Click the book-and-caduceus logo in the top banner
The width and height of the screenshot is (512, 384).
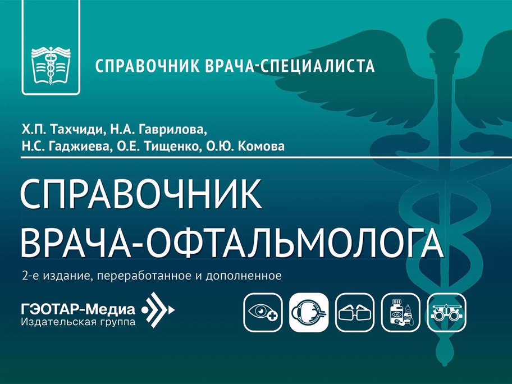[51, 66]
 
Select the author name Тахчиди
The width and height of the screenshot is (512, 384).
[77, 130]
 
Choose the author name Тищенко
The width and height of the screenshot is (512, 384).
[171, 147]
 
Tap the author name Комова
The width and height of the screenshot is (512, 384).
[261, 147]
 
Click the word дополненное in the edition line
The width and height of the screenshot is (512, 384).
[244, 276]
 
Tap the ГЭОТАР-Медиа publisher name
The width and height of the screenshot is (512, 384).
[78, 309]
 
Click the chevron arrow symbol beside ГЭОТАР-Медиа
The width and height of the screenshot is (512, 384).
[158, 309]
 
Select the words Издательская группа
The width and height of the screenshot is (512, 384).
[78, 322]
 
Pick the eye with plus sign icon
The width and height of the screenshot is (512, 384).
[263, 313]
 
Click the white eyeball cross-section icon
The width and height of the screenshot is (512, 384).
[309, 313]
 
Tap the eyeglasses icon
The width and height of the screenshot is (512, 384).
[355, 313]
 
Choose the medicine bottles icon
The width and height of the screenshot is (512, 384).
[401, 313]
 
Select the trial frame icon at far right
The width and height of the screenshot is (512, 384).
[446, 313]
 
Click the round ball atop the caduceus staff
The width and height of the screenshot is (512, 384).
[445, 35]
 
